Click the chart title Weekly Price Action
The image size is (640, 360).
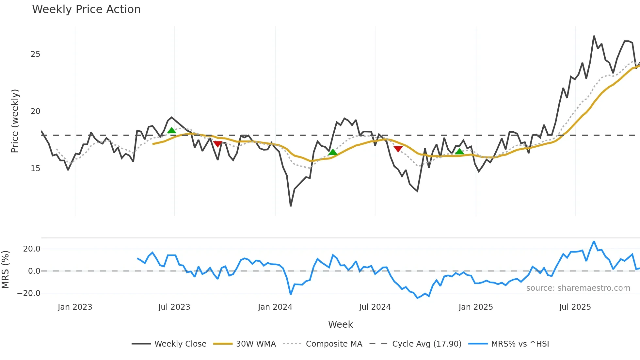(x=86, y=9)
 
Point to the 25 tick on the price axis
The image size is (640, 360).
(x=35, y=54)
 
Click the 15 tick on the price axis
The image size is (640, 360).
(x=35, y=169)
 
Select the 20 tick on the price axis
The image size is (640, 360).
(x=35, y=111)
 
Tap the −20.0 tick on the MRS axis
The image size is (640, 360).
(x=29, y=293)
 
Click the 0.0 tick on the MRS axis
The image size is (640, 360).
(x=34, y=271)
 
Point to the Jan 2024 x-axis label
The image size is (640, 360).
(x=275, y=307)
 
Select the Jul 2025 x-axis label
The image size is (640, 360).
(x=575, y=307)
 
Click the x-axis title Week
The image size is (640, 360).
(x=340, y=324)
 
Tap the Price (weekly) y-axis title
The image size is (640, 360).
(x=15, y=121)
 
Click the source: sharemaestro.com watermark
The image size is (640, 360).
(x=578, y=288)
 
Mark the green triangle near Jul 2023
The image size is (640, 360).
(x=171, y=131)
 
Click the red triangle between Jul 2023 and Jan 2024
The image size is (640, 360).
(x=217, y=144)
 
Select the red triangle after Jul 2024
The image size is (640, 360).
(x=398, y=149)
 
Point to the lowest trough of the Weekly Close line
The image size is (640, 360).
(x=291, y=206)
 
